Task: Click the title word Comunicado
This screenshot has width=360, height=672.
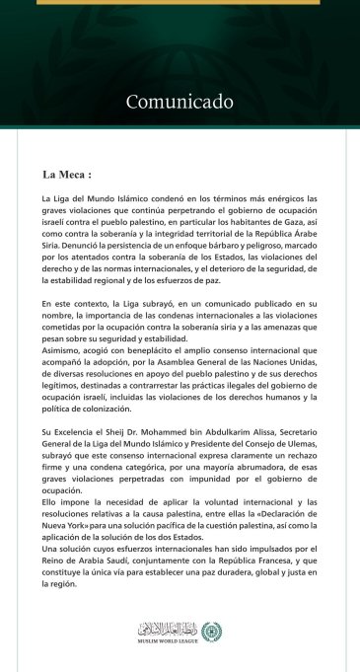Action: pyautogui.click(x=180, y=102)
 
